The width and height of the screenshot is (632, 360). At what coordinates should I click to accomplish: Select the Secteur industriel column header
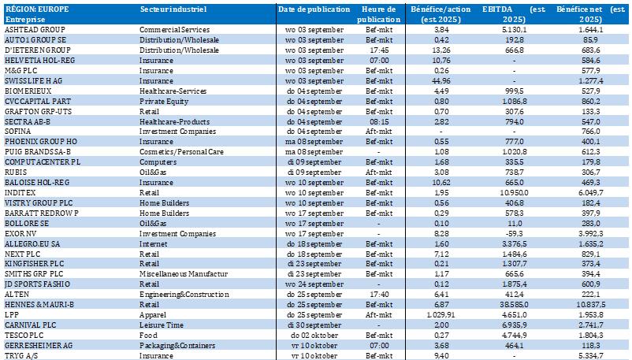coord(173,8)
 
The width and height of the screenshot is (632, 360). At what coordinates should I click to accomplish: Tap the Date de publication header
coord(314,8)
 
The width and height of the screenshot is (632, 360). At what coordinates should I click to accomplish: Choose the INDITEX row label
coord(21,191)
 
